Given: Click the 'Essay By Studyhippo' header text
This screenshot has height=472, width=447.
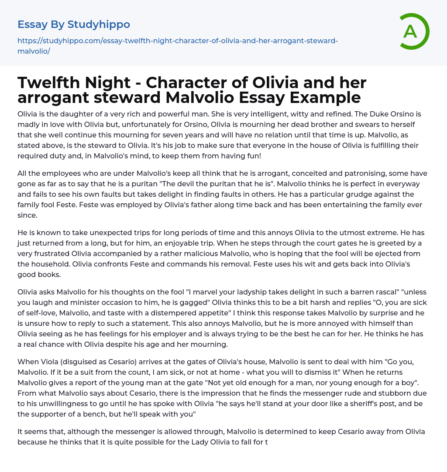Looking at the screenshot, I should (74, 24).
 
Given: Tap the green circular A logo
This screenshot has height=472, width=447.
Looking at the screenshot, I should (411, 31).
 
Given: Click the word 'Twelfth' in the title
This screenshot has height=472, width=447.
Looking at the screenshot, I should (46, 82).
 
